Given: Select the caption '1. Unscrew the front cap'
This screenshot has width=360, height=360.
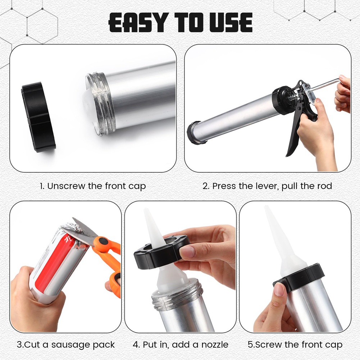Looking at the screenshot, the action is [93, 186].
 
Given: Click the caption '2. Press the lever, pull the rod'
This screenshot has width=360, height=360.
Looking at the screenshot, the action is [267, 186].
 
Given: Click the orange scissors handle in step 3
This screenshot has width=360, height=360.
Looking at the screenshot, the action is [110, 259].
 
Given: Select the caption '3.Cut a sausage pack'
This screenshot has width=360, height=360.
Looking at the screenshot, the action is [66, 345].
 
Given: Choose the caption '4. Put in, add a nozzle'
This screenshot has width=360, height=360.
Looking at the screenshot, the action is [181, 345].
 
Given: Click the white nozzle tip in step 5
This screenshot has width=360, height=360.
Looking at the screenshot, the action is [266, 208].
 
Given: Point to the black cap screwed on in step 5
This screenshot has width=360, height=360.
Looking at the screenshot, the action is [299, 277].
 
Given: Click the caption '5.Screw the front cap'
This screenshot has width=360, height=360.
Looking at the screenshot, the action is [295, 345].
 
